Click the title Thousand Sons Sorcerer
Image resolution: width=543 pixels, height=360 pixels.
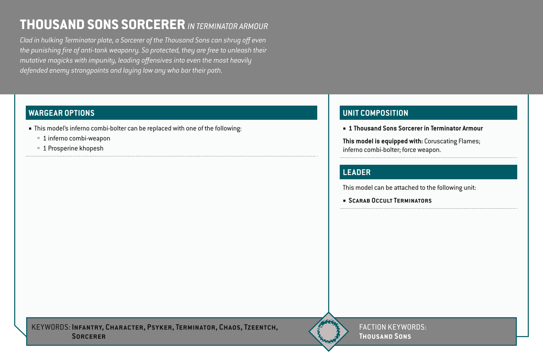point(102,25)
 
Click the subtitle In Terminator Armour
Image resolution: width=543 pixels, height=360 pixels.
point(228,26)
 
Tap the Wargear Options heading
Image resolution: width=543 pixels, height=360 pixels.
point(61,113)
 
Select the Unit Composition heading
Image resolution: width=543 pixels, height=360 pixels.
point(375,113)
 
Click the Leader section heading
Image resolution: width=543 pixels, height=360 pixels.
point(356,172)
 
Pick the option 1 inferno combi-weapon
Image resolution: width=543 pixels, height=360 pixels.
point(76,138)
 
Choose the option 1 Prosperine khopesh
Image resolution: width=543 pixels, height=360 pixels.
point(73,148)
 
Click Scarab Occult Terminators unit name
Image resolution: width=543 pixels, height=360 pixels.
point(390,201)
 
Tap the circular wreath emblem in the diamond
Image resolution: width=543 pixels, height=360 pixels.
point(328,331)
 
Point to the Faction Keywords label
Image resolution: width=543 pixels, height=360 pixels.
point(392,327)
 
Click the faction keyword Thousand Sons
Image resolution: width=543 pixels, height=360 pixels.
point(385,336)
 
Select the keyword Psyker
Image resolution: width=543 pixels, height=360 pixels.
point(160,327)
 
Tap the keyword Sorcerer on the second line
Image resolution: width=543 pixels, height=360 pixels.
point(89,336)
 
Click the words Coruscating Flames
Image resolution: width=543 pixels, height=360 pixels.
point(452,141)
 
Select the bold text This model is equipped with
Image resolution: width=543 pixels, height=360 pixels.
point(383,141)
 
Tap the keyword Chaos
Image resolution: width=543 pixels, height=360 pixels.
point(230,327)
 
